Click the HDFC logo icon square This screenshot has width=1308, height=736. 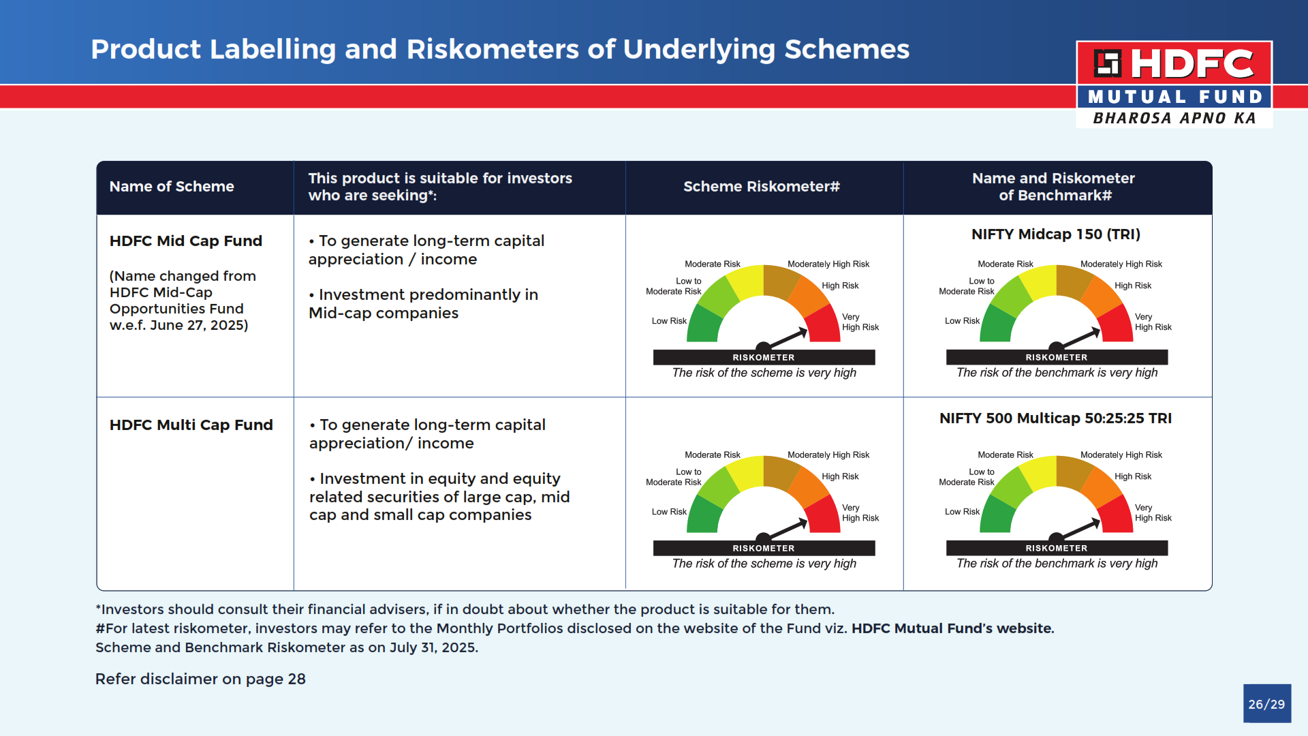point(1108,63)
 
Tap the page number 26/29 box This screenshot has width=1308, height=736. point(1266,704)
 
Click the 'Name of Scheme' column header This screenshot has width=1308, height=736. point(172,187)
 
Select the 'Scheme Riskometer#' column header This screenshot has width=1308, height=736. point(762,187)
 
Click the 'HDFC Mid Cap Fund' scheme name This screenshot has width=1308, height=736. point(186,241)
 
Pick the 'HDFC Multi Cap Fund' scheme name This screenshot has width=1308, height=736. point(191,425)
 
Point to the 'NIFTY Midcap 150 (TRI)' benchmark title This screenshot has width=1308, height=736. point(1056,234)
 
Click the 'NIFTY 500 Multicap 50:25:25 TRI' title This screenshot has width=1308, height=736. point(1056,418)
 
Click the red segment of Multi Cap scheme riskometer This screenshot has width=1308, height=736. point(824,516)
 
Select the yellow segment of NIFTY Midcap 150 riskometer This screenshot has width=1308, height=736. point(1039,282)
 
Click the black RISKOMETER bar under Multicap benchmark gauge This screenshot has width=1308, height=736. point(1057,548)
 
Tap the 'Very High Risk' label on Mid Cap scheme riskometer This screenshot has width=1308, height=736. point(860,322)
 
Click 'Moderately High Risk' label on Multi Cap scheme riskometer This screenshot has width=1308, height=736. point(828,455)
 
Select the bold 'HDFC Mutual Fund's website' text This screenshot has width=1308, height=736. point(952,628)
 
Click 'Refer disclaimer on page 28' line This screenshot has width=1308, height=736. point(200,679)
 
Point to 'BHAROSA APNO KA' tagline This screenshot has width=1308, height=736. point(1174,119)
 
